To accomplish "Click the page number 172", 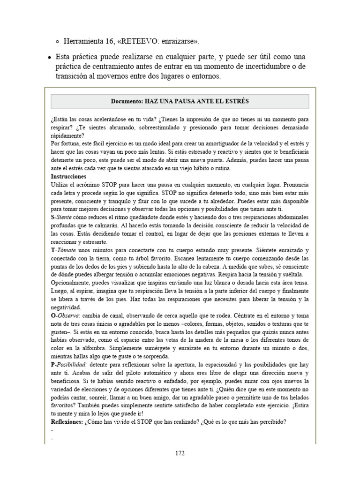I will pyautogui.click(x=180, y=453).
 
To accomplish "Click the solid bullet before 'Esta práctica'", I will pyautogui.click(x=50, y=57).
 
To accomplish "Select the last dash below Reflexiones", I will pyautogui.click(x=52, y=439).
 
